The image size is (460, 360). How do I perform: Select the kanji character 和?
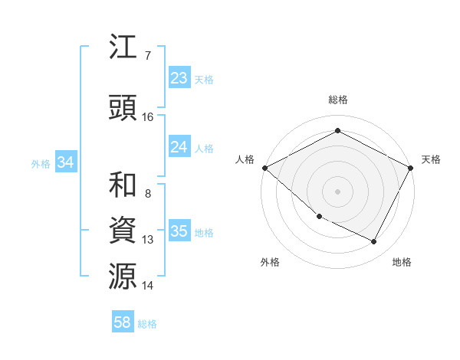tap(124, 186)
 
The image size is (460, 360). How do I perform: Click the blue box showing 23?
tap(179, 78)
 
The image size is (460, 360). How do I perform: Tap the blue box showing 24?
tap(179, 147)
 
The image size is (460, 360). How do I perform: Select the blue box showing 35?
tap(179, 231)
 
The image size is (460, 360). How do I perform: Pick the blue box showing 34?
tap(65, 162)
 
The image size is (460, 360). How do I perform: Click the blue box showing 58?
tap(123, 322)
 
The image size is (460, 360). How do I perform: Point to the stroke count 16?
tap(148, 117)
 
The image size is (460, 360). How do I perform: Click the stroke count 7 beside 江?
tap(147, 55)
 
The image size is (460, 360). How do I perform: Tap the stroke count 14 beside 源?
tap(148, 286)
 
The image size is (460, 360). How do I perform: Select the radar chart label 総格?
tap(338, 100)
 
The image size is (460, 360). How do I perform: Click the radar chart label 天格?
tap(431, 159)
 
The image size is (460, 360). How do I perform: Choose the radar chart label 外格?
tap(270, 262)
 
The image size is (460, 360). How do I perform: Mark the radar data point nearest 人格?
tap(264, 168)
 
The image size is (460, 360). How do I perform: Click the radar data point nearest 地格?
tap(374, 242)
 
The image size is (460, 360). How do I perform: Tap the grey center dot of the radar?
tap(337, 191)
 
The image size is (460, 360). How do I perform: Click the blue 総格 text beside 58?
tap(147, 324)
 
